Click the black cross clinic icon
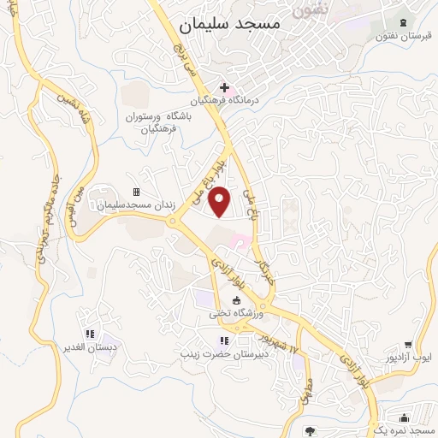click(x=225, y=87)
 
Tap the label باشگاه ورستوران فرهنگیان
click(x=157, y=122)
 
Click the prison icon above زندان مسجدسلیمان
click(x=136, y=192)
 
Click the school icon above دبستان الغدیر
click(x=89, y=334)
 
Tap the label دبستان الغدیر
click(x=89, y=348)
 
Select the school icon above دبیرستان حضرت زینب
click(x=226, y=340)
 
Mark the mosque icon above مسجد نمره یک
click(x=404, y=417)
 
